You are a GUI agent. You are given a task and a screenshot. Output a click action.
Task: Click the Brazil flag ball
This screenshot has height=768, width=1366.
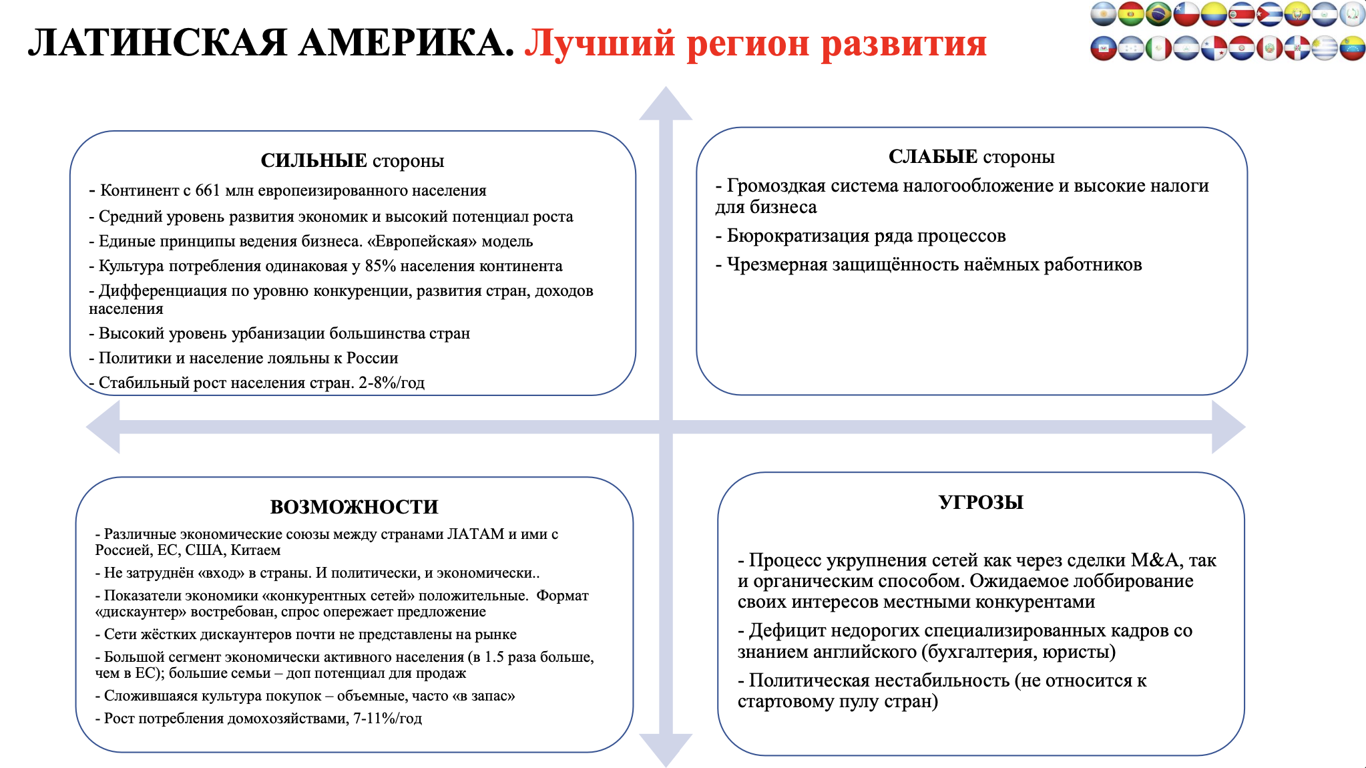click(1158, 14)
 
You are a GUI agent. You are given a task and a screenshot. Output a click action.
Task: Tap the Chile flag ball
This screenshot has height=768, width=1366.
click(1186, 14)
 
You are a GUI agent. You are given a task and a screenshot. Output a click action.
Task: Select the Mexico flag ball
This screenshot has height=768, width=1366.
click(1158, 48)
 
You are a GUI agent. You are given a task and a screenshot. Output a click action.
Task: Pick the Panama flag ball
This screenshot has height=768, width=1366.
click(1214, 48)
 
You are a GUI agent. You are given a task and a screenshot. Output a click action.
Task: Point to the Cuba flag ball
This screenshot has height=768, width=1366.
click(1269, 14)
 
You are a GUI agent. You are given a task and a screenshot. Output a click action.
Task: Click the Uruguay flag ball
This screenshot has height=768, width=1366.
click(1325, 48)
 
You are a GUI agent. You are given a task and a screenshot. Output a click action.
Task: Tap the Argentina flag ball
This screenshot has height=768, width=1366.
click(1103, 14)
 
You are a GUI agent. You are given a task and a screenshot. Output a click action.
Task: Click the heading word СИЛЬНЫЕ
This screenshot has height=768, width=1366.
click(314, 161)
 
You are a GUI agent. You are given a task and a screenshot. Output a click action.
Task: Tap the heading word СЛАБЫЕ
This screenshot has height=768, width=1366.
click(933, 157)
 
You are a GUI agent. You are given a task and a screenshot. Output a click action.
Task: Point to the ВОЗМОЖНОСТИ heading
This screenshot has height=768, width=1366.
click(354, 507)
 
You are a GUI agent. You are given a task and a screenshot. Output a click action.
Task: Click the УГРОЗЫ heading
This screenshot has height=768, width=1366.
click(981, 502)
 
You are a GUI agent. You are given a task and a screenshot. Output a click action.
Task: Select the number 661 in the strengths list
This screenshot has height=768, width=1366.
click(207, 191)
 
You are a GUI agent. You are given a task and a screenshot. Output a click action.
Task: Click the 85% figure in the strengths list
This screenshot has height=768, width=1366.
click(381, 266)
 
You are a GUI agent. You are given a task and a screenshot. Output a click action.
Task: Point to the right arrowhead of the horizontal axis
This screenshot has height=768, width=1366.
click(1228, 427)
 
